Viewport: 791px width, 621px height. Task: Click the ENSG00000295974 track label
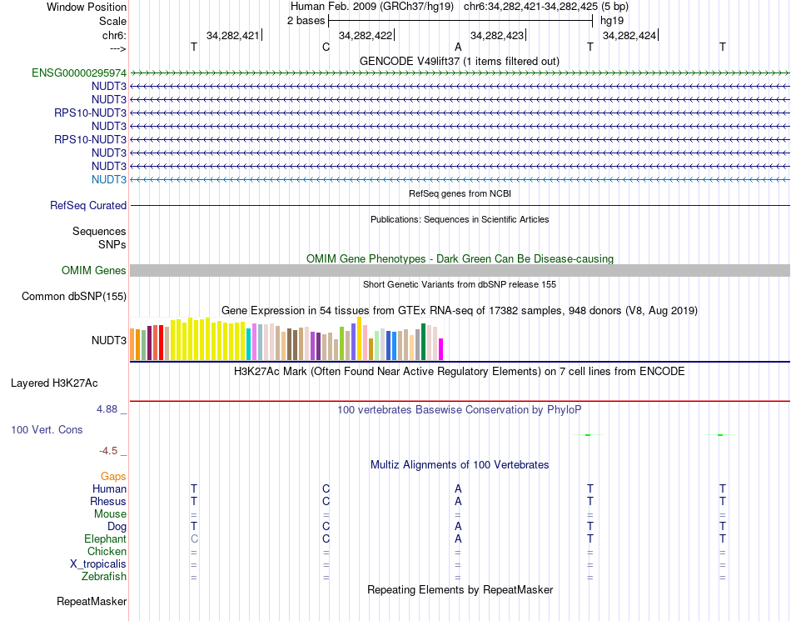(79, 73)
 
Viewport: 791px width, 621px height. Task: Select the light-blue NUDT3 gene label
(109, 180)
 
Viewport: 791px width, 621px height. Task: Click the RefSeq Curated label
(88, 206)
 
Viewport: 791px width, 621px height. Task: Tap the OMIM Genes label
(94, 271)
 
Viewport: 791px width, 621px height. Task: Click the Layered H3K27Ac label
(54, 384)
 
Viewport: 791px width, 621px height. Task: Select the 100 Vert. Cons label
(47, 430)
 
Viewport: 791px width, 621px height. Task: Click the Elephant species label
(106, 539)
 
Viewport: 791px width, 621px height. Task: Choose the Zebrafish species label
(104, 577)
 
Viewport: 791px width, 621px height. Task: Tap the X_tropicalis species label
(98, 564)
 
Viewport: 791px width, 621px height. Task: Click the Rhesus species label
(108, 502)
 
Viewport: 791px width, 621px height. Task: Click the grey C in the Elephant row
(194, 539)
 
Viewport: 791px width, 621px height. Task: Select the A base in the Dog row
(458, 527)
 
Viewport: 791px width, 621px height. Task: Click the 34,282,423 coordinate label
(497, 36)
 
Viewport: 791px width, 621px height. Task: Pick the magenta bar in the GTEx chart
(441, 349)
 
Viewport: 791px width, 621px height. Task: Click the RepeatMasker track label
(92, 601)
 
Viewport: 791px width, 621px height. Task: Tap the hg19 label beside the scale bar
(612, 20)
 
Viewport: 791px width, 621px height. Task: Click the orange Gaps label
(113, 476)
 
